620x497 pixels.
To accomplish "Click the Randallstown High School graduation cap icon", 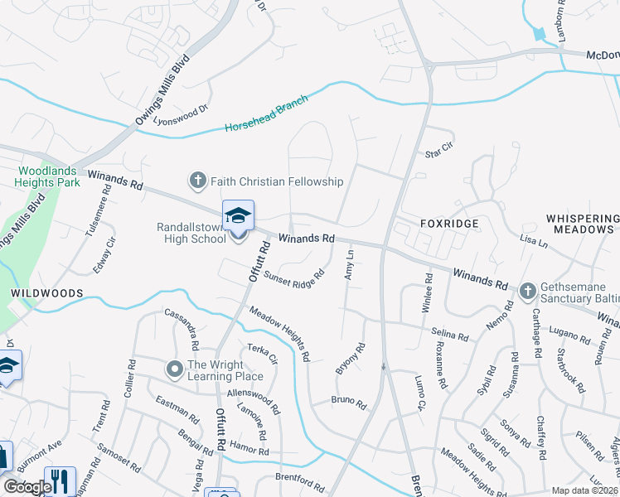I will click(x=238, y=216).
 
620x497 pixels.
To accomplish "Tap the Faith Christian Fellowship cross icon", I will click(x=197, y=181).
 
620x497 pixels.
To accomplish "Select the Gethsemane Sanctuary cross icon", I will click(x=527, y=291).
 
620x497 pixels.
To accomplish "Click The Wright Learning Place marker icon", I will click(x=174, y=368).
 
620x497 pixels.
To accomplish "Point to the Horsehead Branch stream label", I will click(x=266, y=113).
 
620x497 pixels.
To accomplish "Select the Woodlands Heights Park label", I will click(x=49, y=176).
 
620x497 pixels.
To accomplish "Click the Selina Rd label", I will click(x=450, y=334).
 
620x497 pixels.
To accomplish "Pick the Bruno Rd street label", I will click(x=348, y=403).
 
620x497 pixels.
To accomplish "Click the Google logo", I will click(x=28, y=487).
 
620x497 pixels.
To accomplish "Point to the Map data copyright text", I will click(x=584, y=490).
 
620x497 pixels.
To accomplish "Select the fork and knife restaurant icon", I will click(x=60, y=481).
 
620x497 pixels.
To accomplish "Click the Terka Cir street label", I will click(x=262, y=353).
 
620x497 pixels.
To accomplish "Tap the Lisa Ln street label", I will click(x=534, y=242).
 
